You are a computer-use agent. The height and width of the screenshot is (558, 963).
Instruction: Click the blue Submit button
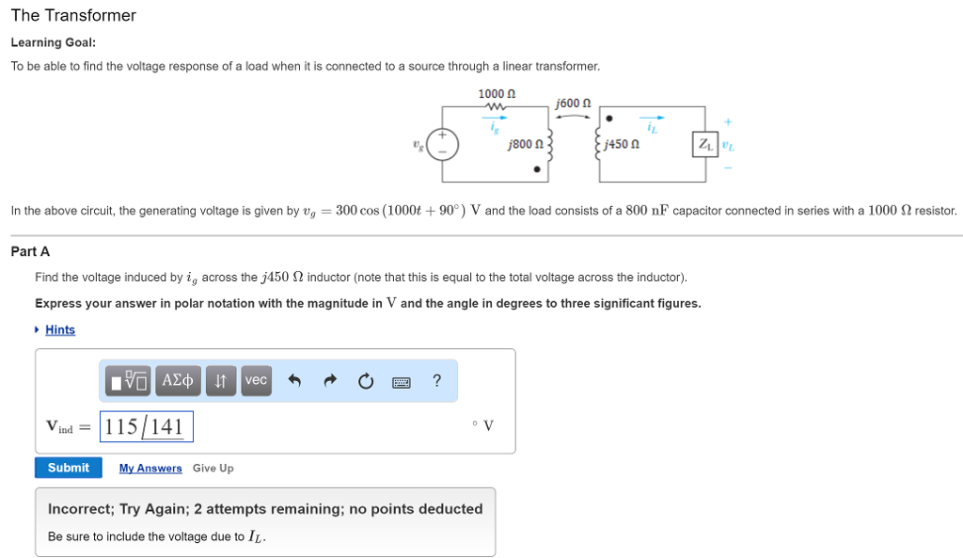(x=68, y=468)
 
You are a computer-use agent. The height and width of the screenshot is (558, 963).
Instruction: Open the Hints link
(x=59, y=329)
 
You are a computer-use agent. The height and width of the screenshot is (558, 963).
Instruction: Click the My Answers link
(x=150, y=468)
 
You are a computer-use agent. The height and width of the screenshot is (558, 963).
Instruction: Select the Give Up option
(x=213, y=468)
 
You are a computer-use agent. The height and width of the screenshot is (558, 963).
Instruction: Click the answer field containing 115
(x=147, y=426)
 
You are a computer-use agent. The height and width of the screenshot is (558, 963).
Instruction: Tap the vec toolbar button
(x=256, y=380)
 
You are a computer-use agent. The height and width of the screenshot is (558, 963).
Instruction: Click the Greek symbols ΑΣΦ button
(x=178, y=380)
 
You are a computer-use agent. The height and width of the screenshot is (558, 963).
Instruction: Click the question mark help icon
(x=436, y=380)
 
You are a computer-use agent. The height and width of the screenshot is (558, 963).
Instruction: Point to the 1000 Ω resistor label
(x=497, y=94)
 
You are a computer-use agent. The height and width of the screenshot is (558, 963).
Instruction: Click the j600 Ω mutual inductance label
(x=573, y=103)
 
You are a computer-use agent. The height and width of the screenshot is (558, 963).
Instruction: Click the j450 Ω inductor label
(x=623, y=145)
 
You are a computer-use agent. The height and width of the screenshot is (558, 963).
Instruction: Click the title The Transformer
(x=73, y=16)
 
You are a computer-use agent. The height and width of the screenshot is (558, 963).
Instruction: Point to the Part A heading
(x=30, y=251)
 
